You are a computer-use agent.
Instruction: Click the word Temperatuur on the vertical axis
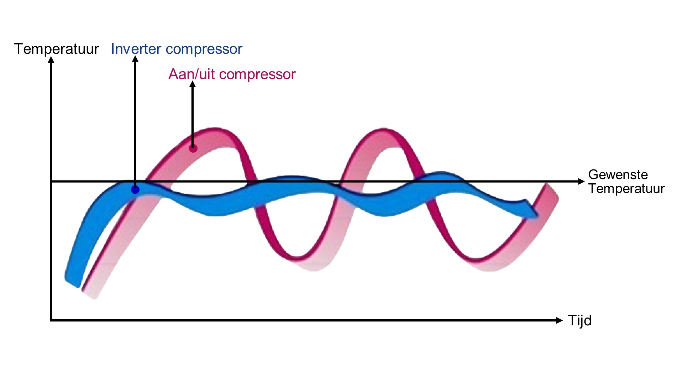click(56, 49)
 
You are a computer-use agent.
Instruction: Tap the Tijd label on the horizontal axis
click(579, 321)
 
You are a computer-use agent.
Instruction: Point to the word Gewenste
click(618, 174)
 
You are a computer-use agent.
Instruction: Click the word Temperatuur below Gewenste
click(626, 189)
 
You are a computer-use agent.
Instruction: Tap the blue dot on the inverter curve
click(135, 190)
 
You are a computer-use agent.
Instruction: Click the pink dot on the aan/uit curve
click(193, 148)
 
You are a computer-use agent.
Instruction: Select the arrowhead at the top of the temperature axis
click(51, 60)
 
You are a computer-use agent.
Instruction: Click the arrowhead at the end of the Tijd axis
click(559, 320)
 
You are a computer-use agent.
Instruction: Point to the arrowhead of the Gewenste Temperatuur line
click(581, 182)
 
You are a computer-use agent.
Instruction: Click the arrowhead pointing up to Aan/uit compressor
click(193, 84)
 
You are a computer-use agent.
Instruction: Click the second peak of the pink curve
click(383, 129)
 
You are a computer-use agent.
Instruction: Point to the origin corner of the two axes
click(51, 320)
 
